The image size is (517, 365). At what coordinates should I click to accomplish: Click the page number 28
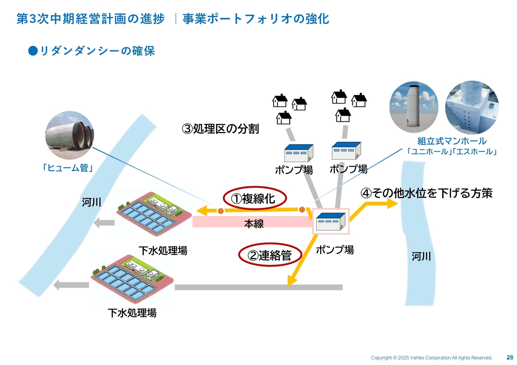510,357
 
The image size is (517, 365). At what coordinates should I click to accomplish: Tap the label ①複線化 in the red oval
255,198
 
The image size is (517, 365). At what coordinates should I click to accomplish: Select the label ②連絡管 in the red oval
270,255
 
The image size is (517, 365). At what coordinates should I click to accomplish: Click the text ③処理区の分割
221,129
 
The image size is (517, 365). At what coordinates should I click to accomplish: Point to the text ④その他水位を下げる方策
427,193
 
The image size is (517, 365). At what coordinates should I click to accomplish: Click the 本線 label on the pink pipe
254,224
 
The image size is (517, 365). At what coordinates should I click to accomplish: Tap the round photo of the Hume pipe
69,135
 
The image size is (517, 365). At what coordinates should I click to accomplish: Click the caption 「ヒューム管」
68,168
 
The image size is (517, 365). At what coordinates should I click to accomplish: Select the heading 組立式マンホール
452,141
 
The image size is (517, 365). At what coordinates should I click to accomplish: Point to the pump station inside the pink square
330,221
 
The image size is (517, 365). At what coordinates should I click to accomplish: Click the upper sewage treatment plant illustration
153,213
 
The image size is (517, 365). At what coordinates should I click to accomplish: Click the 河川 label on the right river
421,256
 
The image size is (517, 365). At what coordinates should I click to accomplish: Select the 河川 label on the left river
91,202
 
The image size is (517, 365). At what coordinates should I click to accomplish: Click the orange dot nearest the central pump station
302,209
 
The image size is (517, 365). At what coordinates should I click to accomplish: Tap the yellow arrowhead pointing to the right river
393,204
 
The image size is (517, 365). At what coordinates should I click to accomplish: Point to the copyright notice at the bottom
431,358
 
